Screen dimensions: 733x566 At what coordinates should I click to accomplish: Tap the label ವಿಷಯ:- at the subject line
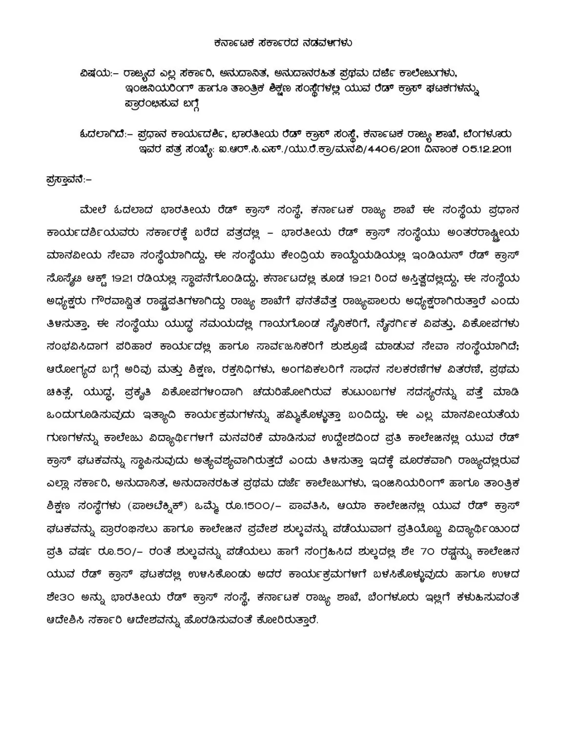(x=96, y=74)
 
